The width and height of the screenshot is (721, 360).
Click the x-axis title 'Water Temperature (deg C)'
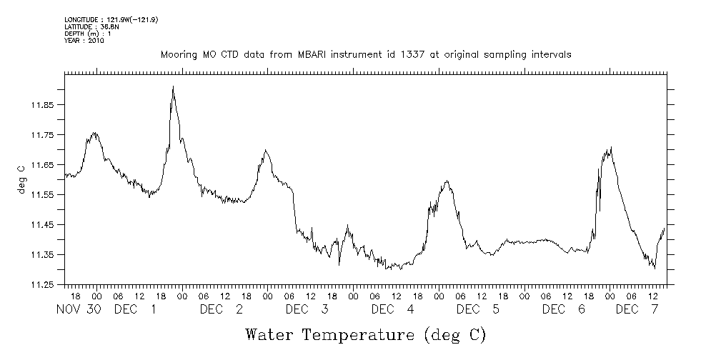click(x=365, y=334)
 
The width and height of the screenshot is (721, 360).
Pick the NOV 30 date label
click(x=79, y=309)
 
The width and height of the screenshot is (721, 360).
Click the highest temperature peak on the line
click(x=173, y=87)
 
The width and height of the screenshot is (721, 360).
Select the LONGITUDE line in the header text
click(x=111, y=19)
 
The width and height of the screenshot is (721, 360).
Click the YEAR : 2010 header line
click(x=84, y=41)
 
